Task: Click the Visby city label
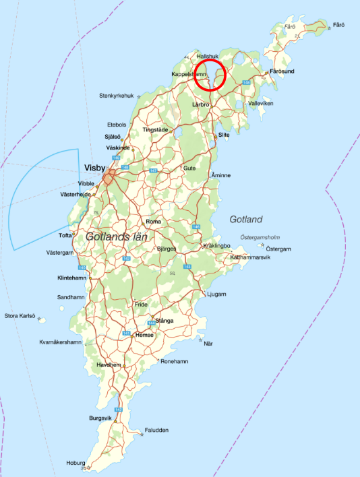click(x=95, y=167)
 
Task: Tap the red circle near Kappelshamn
click(x=209, y=75)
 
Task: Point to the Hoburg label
click(x=76, y=464)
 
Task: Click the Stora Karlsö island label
click(x=20, y=315)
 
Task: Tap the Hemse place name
click(x=145, y=334)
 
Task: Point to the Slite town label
click(x=224, y=135)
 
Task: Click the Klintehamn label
click(x=72, y=278)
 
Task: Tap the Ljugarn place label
click(x=218, y=294)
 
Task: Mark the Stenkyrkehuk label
click(x=117, y=96)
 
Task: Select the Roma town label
click(x=154, y=221)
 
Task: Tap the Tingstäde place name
click(x=156, y=129)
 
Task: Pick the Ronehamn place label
click(x=175, y=361)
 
